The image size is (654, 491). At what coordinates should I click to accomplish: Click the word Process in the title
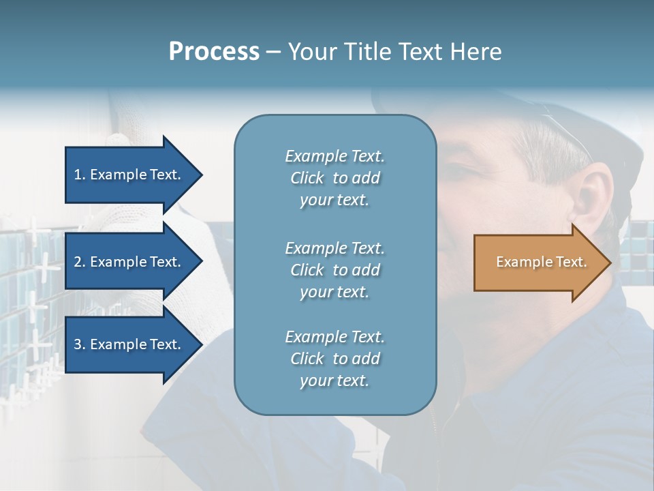[214, 52]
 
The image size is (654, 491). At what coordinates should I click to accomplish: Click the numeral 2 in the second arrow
[78, 262]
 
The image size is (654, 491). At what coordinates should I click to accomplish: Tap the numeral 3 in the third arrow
[78, 344]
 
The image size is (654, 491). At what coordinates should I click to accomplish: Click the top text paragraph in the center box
[334, 178]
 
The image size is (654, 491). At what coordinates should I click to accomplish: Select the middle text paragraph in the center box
[334, 270]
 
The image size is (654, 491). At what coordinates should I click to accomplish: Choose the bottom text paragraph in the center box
[334, 359]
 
